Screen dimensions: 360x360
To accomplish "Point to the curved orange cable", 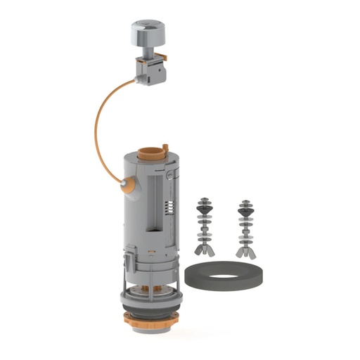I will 96,134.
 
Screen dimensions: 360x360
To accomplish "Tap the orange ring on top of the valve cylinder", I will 149,150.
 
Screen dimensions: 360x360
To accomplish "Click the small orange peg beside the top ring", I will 166,147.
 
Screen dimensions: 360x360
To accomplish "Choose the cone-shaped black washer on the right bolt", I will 245,207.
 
